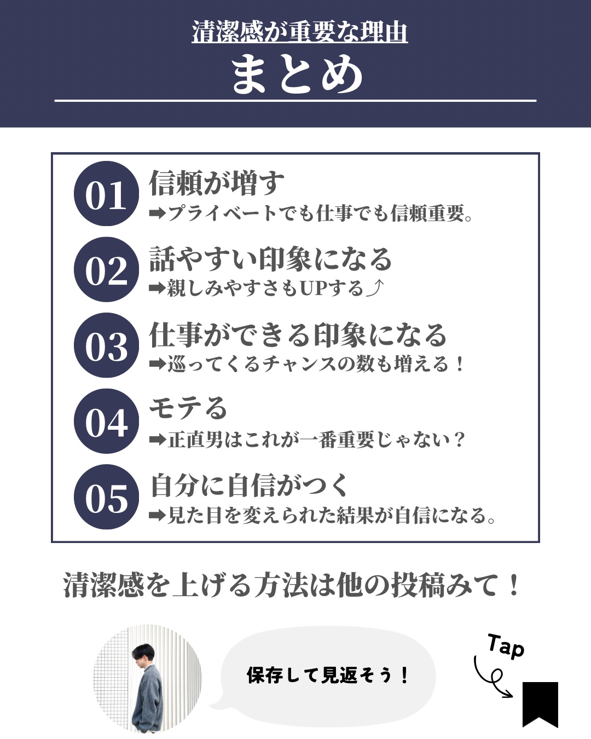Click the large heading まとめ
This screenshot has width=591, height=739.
coord(297,74)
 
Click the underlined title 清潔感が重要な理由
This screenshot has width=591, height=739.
coord(299,32)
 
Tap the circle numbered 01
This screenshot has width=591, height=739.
coord(107,193)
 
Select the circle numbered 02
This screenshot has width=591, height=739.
coord(107,269)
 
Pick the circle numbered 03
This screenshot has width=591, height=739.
coord(107,345)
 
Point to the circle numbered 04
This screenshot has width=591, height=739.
coord(107,422)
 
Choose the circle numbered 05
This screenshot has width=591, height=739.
coord(107,497)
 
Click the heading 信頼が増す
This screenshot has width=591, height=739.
coord(217,183)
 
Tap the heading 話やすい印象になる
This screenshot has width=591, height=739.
coord(271,259)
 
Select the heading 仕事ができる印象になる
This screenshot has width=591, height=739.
coord(298,334)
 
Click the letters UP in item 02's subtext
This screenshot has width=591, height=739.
coord(313,288)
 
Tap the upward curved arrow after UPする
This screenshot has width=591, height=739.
coord(374,288)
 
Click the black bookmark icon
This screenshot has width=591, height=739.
coord(540,705)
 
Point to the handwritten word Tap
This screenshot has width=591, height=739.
coord(506,646)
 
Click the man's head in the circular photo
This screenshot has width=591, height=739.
coord(143,655)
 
